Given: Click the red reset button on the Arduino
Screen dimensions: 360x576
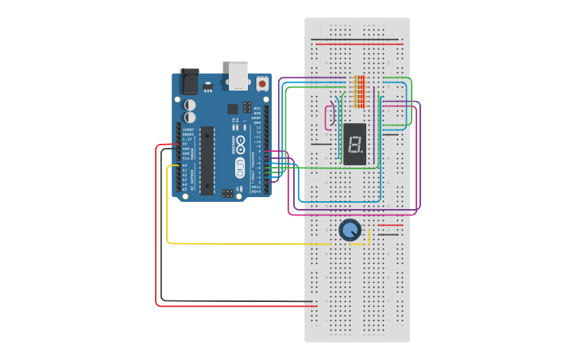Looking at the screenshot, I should tap(262, 83).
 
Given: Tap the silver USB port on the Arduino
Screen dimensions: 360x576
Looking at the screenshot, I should tap(238, 75).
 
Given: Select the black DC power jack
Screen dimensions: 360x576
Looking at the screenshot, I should tap(189, 81).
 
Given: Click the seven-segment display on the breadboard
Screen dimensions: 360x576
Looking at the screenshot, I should tap(356, 144).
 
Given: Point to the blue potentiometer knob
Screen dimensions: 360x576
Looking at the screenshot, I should tap(350, 230).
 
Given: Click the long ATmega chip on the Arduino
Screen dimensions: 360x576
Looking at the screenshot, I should tap(207, 160).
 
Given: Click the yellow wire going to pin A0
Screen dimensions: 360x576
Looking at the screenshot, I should tap(168, 207).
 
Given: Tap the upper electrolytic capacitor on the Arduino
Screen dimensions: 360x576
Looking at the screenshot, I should tap(191, 104).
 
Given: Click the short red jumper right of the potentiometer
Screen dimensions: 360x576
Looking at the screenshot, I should tap(390, 226).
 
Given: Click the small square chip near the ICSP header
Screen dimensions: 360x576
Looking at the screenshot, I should tap(233, 109).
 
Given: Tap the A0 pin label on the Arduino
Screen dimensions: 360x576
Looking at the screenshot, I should tap(184, 166).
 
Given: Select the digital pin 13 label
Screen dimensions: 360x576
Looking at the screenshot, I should tap(257, 127).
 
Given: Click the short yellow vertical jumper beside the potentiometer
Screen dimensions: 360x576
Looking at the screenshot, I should tap(369, 236).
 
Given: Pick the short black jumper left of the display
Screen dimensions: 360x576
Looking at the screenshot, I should tap(319, 144).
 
